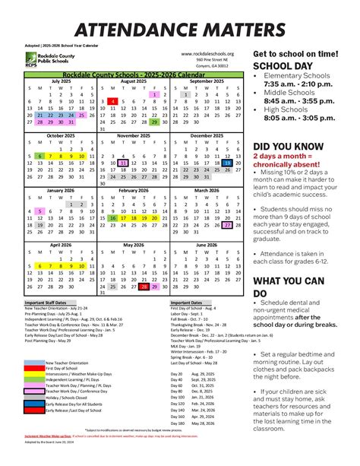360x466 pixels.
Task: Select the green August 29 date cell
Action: pyautogui.click(x=154, y=122)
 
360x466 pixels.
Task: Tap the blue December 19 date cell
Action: pyautogui.click(x=226, y=162)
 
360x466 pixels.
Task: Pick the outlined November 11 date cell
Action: pyautogui.click(x=123, y=162)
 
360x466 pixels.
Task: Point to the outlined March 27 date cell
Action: pyautogui.click(x=226, y=225)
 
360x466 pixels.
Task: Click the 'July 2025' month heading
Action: pyautogui.click(x=61, y=81)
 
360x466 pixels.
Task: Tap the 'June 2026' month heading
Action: pyautogui.click(x=206, y=246)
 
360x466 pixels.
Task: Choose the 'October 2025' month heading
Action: pyautogui.click(x=61, y=135)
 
